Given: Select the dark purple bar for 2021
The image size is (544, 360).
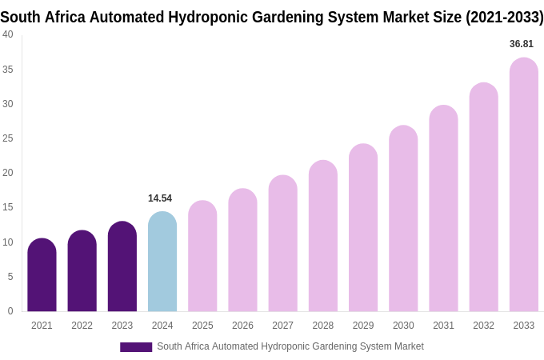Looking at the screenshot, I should click(x=42, y=275).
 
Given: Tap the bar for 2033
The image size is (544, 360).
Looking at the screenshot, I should click(x=524, y=185).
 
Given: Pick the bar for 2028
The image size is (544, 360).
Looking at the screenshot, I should click(x=323, y=236).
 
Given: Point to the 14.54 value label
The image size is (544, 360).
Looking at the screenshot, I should click(x=160, y=198).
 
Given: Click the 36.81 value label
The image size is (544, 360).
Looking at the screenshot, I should click(x=522, y=44).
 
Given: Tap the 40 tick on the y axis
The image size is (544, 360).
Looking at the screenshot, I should click(x=8, y=34).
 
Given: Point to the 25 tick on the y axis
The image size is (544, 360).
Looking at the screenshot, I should click(x=8, y=138).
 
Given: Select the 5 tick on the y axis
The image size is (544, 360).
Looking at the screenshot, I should click(x=10, y=277).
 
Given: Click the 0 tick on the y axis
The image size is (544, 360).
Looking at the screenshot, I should click(x=10, y=311).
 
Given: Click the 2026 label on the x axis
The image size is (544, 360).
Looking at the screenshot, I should click(x=242, y=326).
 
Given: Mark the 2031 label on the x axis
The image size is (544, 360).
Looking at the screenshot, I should click(x=443, y=326).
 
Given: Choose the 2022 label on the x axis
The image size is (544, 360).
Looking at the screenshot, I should click(x=82, y=326).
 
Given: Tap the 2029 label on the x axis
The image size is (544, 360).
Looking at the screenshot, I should click(x=363, y=326).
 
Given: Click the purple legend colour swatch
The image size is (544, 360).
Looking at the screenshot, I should click(x=136, y=347).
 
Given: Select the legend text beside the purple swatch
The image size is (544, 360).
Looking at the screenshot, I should click(x=290, y=346).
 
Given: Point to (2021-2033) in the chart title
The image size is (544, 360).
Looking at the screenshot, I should click(x=505, y=17).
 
